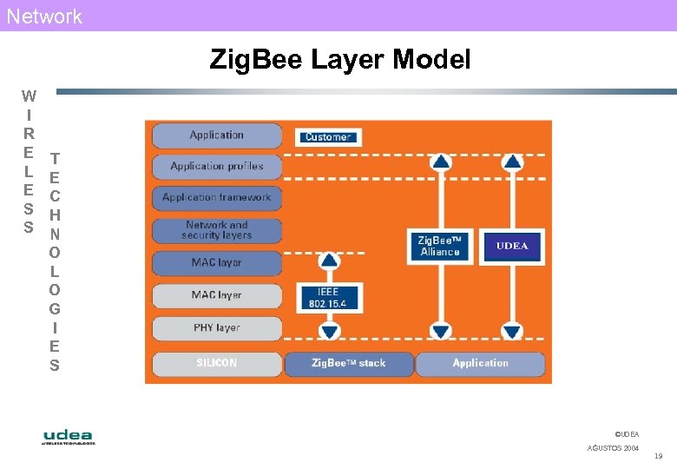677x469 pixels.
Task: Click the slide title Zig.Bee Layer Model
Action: pos(339,60)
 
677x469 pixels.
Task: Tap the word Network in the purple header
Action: pos(44,16)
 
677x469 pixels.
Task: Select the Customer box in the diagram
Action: pos(327,136)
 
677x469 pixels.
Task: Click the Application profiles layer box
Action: pos(217,166)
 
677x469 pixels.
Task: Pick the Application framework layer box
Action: pos(217,198)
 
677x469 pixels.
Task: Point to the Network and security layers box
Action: pos(217,230)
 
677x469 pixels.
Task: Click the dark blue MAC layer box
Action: pos(217,262)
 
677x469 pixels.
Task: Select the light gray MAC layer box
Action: pos(217,295)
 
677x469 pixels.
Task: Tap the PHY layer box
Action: pos(217,328)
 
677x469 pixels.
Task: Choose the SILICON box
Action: pos(217,363)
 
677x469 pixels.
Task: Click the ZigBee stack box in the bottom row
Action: pos(349,363)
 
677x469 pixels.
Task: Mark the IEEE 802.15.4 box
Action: pos(328,298)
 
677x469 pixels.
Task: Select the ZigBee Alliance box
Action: pos(439,246)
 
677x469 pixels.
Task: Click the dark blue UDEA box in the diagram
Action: pos(512,246)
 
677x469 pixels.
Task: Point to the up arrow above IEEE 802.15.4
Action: pos(329,261)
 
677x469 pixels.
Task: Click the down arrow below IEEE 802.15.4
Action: pos(329,331)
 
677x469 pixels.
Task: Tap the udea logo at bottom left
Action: pos(69,437)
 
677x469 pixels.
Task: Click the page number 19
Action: pos(658,456)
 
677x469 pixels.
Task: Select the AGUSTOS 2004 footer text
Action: pos(613,448)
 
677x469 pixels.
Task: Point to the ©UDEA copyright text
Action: pos(626,433)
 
